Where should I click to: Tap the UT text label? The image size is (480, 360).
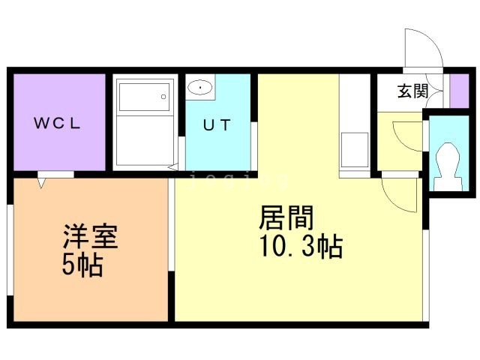[x=217, y=125]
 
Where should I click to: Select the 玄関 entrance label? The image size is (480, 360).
[x=412, y=91]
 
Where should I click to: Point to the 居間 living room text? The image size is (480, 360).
[x=286, y=218]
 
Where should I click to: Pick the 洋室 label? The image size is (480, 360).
[x=89, y=238]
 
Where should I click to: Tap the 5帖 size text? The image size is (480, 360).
[x=83, y=265]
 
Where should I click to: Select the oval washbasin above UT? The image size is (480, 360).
[x=200, y=88]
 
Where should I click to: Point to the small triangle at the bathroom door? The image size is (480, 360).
[x=174, y=166]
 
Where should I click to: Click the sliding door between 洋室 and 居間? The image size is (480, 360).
[x=172, y=225]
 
